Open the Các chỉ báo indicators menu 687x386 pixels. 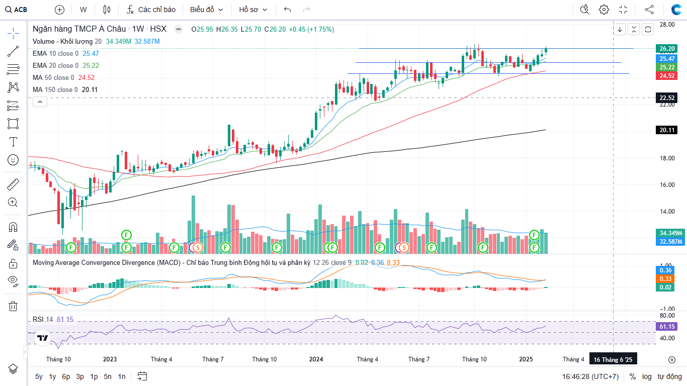tap(151, 10)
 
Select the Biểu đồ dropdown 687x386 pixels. tap(206, 10)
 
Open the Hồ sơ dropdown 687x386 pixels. tap(253, 10)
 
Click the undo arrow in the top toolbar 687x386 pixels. tap(287, 10)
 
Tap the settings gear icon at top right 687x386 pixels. tap(604, 10)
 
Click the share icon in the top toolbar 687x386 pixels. tap(649, 10)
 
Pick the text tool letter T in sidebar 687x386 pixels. tap(13, 142)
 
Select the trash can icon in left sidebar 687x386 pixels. tap(13, 306)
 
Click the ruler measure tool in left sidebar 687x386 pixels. tap(13, 184)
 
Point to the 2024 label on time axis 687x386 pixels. tap(316, 359)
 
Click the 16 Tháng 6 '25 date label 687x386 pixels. tap(613, 360)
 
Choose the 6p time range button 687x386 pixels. tap(66, 376)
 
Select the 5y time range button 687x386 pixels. tap(39, 376)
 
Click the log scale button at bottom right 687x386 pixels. tap(647, 376)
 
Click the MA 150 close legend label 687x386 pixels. tap(55, 89)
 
